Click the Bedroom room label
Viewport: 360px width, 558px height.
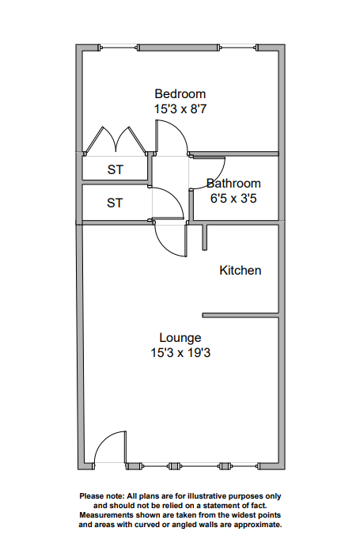(x=180, y=94)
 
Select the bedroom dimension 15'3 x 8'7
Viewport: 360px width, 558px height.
(x=180, y=109)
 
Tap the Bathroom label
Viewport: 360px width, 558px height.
(x=233, y=184)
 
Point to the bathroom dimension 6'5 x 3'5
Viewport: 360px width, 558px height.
(x=233, y=198)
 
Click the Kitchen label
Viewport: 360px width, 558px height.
(x=240, y=270)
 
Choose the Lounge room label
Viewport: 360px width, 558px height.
(x=180, y=338)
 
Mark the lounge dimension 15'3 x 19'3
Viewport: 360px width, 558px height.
(x=180, y=353)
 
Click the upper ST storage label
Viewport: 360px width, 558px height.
(x=116, y=169)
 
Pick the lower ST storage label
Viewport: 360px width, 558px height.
(x=115, y=203)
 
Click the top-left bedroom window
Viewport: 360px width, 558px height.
(x=119, y=47)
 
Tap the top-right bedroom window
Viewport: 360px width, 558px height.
(x=238, y=47)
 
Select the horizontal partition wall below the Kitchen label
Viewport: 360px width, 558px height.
(x=240, y=315)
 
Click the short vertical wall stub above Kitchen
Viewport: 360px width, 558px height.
(x=205, y=237)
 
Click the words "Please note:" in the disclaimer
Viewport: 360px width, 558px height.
(x=102, y=496)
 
